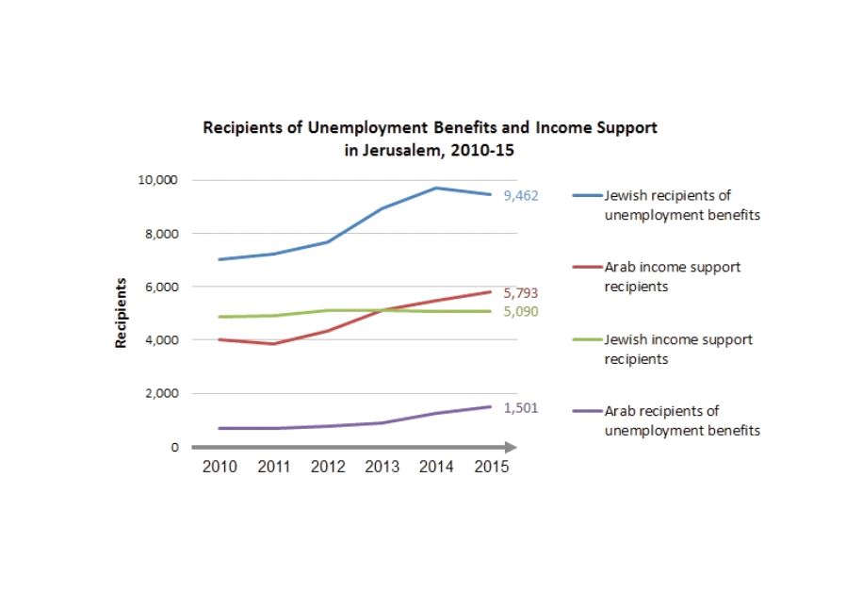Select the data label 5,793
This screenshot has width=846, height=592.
pos(519,294)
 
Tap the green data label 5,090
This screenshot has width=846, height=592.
pos(519,311)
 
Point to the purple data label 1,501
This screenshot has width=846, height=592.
pos(519,407)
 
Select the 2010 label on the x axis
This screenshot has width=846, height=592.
pos(220,468)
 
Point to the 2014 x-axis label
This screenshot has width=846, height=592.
pos(434,468)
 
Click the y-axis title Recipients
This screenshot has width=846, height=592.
pos(122,313)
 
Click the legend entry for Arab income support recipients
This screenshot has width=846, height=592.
pos(671,275)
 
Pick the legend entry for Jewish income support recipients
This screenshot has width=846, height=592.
pos(677,348)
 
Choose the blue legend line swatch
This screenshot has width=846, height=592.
pos(587,196)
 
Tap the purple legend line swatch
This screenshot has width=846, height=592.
pos(587,412)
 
